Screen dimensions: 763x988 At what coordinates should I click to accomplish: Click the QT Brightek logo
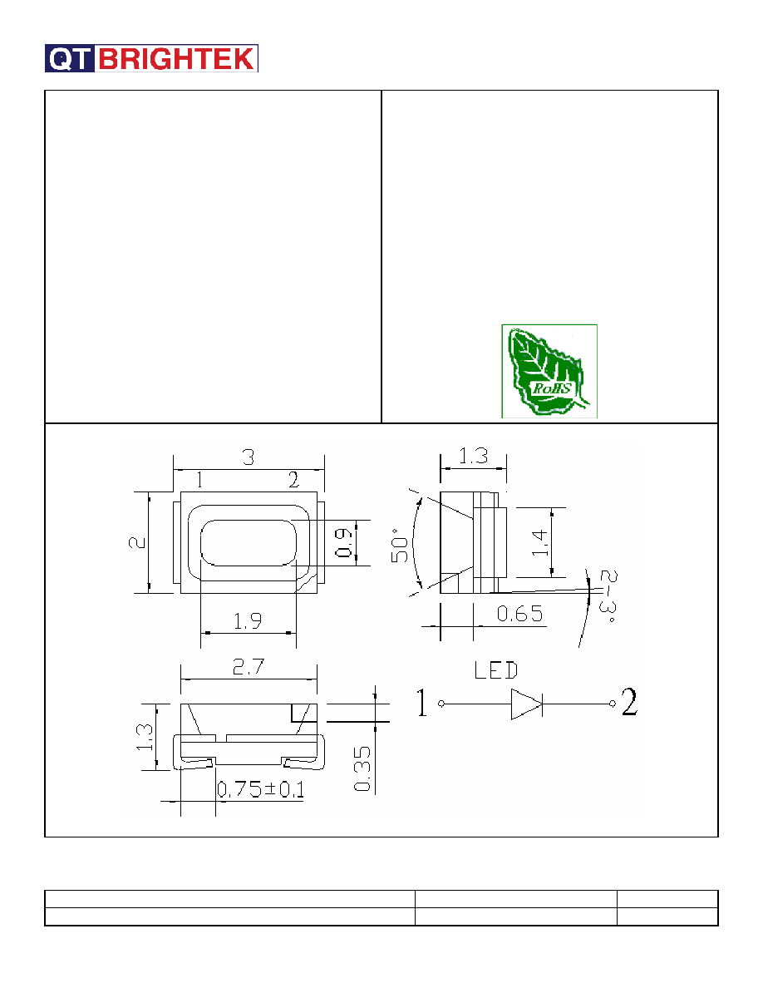click(151, 58)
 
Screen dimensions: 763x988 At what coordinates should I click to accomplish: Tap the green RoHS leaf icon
click(549, 371)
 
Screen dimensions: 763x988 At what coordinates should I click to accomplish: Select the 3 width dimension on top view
click(248, 457)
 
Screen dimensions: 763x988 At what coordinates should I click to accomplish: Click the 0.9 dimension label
click(344, 542)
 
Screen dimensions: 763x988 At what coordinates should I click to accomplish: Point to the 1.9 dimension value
click(248, 621)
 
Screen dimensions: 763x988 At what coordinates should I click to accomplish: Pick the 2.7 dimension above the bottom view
click(249, 667)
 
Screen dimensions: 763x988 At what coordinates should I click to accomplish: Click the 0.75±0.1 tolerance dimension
click(261, 789)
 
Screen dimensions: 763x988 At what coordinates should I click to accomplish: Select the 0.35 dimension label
click(362, 768)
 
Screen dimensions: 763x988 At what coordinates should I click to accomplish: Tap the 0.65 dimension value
click(519, 614)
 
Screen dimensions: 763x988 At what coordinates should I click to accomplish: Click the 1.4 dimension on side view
click(539, 542)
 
